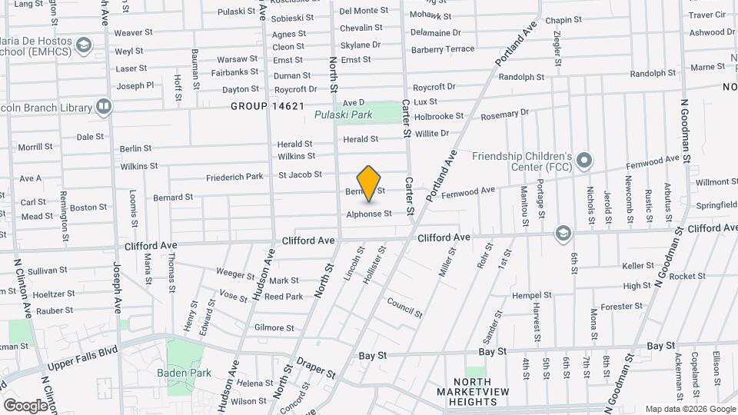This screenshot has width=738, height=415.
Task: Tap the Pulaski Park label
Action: [x=343, y=115]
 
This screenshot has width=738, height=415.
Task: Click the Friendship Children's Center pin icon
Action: [x=584, y=161]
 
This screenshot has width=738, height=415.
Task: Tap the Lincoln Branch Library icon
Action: [x=103, y=105]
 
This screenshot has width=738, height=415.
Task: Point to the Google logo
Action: [x=25, y=405]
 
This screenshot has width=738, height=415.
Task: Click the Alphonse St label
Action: [x=369, y=214]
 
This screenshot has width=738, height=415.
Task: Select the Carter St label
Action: [x=409, y=196]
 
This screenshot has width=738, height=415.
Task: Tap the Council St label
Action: [x=404, y=307]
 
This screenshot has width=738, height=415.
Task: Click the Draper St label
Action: [x=316, y=367]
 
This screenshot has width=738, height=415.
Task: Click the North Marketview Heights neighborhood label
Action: [x=472, y=392]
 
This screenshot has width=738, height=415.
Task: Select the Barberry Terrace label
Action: [x=443, y=48]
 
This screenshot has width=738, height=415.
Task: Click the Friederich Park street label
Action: [x=234, y=178]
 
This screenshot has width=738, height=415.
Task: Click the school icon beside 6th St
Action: [x=563, y=233]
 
